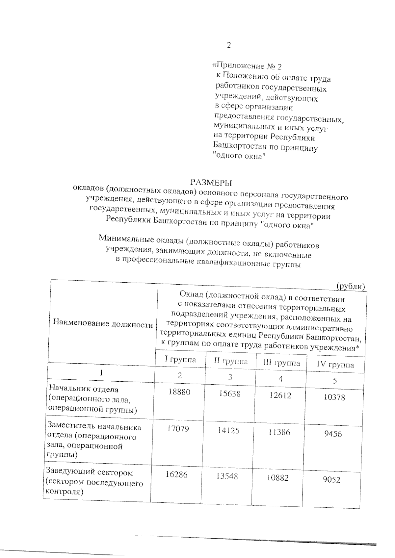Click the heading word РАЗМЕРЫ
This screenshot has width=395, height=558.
click(x=211, y=182)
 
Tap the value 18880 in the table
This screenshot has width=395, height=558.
click(x=179, y=392)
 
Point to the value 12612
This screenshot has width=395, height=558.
click(x=280, y=395)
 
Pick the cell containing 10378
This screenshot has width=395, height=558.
click(x=334, y=397)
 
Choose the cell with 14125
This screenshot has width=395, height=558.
click(x=228, y=430)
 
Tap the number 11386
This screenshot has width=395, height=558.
click(x=279, y=432)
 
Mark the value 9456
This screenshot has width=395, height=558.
click(x=333, y=434)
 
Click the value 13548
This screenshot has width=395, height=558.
click(x=227, y=476)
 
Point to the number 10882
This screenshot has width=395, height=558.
click(x=277, y=478)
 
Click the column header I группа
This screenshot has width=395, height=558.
click(x=180, y=360)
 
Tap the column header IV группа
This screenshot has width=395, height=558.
click(x=335, y=365)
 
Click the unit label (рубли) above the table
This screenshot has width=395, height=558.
click(x=351, y=287)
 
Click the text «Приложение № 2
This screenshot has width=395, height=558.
click(x=247, y=66)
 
